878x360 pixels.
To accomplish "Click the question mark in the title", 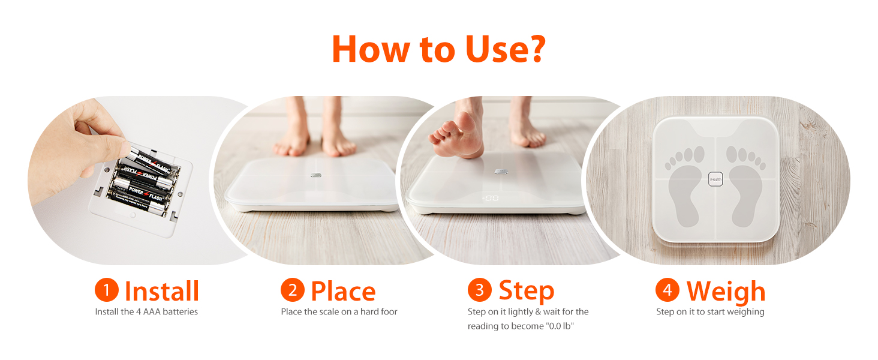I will pyautogui.click(x=530, y=49).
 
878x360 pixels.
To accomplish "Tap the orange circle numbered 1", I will pyautogui.click(x=106, y=290).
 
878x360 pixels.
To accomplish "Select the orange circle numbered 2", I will pyautogui.click(x=292, y=290).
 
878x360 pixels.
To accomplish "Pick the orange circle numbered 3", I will pyautogui.click(x=479, y=290).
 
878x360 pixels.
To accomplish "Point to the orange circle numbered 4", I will pyautogui.click(x=667, y=290).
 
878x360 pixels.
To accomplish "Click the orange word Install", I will pyautogui.click(x=162, y=291).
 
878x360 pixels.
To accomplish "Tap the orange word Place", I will pyautogui.click(x=343, y=291).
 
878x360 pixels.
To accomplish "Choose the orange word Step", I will pyautogui.click(x=527, y=291).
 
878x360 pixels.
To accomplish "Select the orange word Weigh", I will pyautogui.click(x=726, y=292).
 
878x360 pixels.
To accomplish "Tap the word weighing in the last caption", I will pyautogui.click(x=744, y=312).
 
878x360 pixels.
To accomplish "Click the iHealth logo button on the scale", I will pyautogui.click(x=715, y=179).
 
